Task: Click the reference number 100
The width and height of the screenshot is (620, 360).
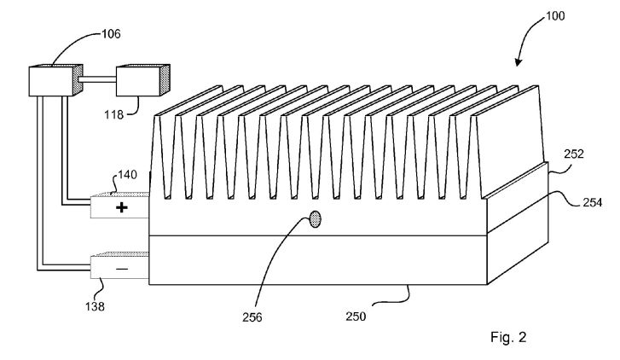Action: tap(555, 16)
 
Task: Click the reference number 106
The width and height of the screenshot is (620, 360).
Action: tap(111, 34)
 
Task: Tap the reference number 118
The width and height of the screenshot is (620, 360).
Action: tap(114, 114)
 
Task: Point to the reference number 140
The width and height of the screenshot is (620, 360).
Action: tap(127, 175)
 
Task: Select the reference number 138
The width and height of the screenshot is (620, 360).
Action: tap(95, 306)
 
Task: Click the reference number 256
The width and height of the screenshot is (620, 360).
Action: tap(252, 317)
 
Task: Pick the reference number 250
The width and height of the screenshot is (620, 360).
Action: tap(356, 316)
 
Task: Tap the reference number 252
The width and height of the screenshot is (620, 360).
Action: tap(573, 154)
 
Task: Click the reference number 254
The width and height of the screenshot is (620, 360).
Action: tap(593, 202)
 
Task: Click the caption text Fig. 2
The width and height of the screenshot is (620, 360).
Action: tap(508, 338)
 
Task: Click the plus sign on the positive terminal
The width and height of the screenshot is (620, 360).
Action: tap(122, 207)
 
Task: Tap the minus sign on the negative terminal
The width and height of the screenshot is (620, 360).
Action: tap(122, 270)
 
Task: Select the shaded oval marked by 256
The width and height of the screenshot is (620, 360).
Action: tap(315, 219)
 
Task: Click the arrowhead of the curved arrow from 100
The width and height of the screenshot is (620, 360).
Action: tap(519, 62)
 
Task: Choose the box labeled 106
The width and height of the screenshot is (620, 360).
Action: tap(55, 80)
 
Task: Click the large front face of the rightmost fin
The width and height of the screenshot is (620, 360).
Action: tap(511, 141)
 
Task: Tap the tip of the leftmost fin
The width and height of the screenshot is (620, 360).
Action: tap(158, 115)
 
